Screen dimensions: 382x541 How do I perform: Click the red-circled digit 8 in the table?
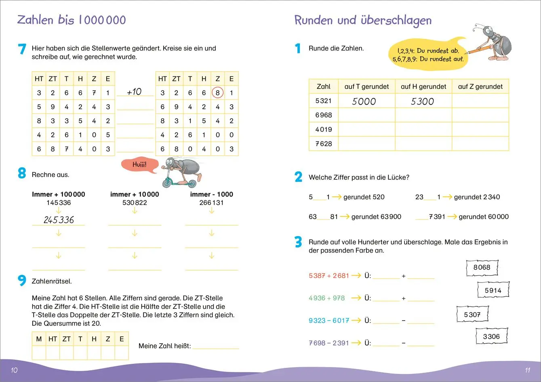[x=217, y=93]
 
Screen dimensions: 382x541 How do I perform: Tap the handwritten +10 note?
[x=134, y=92]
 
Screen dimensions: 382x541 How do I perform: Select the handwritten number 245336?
[x=59, y=220]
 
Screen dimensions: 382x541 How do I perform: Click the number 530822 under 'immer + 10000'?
[x=135, y=203]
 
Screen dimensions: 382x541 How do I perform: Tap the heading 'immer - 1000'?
[x=211, y=194]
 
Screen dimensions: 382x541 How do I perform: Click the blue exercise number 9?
[x=22, y=280]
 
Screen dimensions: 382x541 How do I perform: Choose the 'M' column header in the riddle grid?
[x=39, y=339]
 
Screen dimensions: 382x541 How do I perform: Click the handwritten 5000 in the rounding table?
[x=364, y=101]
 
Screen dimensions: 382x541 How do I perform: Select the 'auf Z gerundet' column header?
[x=480, y=87]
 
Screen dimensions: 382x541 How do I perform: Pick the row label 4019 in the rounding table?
[x=324, y=129]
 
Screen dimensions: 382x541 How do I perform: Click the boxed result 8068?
[x=482, y=267]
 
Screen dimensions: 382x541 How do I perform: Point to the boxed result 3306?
[x=491, y=336]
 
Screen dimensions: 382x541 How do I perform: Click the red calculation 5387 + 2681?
[x=328, y=276]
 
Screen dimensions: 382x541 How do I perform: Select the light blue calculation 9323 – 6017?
[x=328, y=321]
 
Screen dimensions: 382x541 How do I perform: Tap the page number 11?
[x=527, y=370]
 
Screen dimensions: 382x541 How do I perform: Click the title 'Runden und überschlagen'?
[x=363, y=20]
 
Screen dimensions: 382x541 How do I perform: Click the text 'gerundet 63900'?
[x=376, y=217]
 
